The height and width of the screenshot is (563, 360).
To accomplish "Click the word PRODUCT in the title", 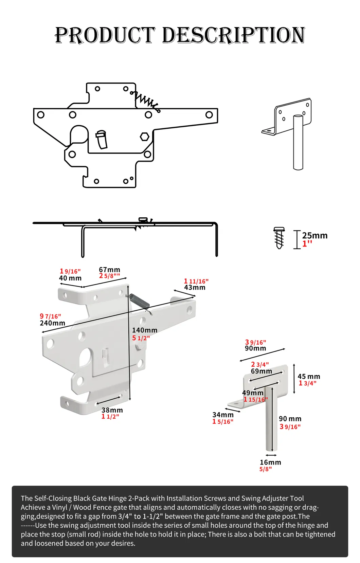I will (105, 35).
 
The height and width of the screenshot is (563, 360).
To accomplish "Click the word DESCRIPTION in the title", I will (234, 35).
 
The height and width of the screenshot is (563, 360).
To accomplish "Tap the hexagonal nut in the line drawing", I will (145, 137).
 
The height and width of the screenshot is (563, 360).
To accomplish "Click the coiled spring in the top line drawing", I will (146, 101).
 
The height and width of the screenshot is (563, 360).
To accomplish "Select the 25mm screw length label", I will (314, 236).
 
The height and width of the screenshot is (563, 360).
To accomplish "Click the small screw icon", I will (279, 238).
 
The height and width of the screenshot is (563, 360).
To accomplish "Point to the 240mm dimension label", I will (52, 323).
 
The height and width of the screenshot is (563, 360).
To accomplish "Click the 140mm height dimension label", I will (144, 330).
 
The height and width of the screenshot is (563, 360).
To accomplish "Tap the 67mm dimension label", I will (109, 270).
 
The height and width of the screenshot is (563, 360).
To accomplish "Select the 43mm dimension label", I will (195, 288).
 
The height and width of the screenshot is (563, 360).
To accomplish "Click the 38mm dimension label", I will (112, 410).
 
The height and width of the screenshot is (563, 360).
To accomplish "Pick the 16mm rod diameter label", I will (270, 462).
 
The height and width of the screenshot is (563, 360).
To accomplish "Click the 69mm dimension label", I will (261, 371).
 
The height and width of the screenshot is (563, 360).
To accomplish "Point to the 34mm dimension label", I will (223, 415).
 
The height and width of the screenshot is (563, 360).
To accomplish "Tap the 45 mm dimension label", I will (309, 377).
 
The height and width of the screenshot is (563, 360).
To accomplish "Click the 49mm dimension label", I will (253, 393).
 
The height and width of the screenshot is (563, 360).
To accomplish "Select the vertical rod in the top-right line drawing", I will (298, 143).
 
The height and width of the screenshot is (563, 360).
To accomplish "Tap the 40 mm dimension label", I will (70, 278).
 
